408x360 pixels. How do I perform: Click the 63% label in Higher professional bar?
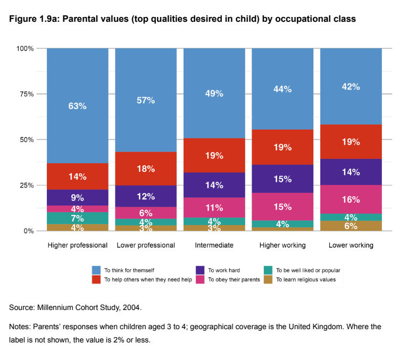(x=77, y=106)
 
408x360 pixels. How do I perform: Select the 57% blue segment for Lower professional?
(x=146, y=101)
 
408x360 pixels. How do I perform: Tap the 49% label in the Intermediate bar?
(x=214, y=93)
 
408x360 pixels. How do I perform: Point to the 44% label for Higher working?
(x=282, y=89)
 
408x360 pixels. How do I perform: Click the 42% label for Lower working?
(x=351, y=87)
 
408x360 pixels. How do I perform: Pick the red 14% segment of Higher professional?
(x=77, y=177)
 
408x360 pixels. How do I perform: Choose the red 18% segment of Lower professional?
(x=146, y=169)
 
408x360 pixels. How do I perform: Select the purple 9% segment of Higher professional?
(x=77, y=198)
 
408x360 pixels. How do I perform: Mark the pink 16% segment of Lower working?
(x=351, y=199)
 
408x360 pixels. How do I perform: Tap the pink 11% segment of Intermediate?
(x=214, y=207)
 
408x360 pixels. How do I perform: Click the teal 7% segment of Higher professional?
(x=77, y=218)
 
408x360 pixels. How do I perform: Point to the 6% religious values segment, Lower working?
(x=351, y=225)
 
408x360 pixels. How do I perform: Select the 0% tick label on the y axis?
(x=29, y=231)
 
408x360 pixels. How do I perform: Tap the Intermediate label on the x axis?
(x=214, y=246)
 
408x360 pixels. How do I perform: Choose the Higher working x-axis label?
(x=282, y=246)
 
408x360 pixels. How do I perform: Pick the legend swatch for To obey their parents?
(x=199, y=279)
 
